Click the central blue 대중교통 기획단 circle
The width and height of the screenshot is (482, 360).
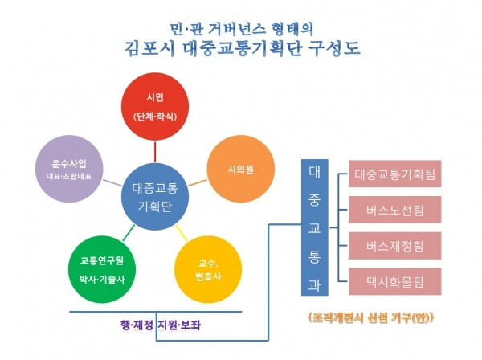155,197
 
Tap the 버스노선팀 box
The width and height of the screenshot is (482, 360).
394,211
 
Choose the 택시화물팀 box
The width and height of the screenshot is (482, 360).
394,281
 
